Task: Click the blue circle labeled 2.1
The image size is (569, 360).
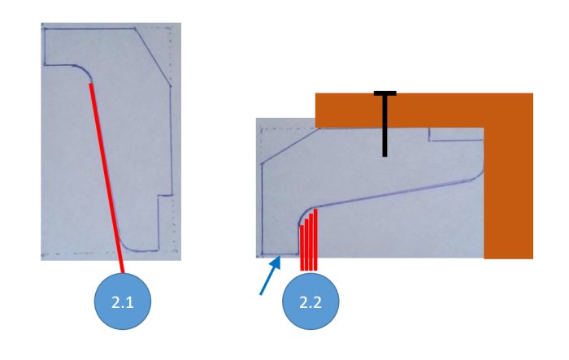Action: (123, 301)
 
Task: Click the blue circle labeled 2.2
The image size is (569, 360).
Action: (311, 301)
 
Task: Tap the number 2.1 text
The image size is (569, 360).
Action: (123, 302)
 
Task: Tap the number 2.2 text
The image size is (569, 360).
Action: (311, 302)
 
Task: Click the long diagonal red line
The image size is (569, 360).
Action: (106, 178)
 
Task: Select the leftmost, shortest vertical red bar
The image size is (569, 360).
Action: (302, 248)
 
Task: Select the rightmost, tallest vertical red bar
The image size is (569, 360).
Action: (315, 240)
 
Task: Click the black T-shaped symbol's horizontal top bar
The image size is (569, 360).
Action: (385, 93)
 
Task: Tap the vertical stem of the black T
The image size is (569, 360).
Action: (384, 126)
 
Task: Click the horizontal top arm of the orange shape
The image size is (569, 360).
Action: (399, 111)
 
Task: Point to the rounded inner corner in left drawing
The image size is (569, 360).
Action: (85, 72)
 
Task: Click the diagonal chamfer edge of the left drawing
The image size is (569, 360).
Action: (153, 57)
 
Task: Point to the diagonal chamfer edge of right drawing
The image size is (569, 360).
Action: (290, 146)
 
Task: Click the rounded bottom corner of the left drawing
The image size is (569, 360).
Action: (128, 246)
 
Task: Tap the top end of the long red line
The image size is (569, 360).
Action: (91, 85)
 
